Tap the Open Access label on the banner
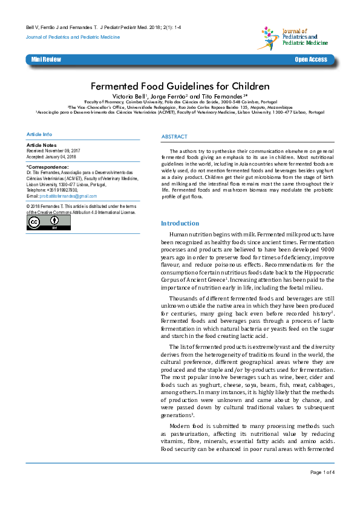(x=310, y=59)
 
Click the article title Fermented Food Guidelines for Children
(x=180, y=86)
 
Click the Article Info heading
(x=39, y=134)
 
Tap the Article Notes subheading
(x=42, y=146)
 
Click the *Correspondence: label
(x=47, y=166)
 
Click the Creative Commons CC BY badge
(x=48, y=222)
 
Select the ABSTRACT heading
(x=174, y=137)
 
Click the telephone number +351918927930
(x=61, y=190)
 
